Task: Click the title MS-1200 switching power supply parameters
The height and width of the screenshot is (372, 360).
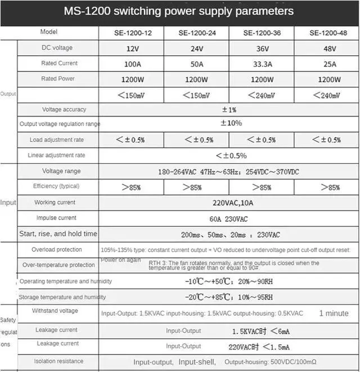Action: point(178,11)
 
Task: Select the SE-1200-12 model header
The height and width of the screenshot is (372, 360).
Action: point(130,33)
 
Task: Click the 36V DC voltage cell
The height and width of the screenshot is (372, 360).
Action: point(261,48)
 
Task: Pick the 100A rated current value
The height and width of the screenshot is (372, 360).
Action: point(132,64)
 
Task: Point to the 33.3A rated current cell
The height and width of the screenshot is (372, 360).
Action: point(261,64)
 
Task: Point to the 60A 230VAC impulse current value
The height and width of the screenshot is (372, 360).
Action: point(229,218)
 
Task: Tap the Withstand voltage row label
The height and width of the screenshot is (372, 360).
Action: point(55,311)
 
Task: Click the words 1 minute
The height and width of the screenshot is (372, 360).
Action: point(334,313)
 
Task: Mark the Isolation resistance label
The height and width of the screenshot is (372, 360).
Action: point(58,361)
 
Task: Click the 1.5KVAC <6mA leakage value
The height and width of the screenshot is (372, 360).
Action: point(262,331)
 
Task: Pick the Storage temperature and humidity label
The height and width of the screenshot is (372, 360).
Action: point(62,297)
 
